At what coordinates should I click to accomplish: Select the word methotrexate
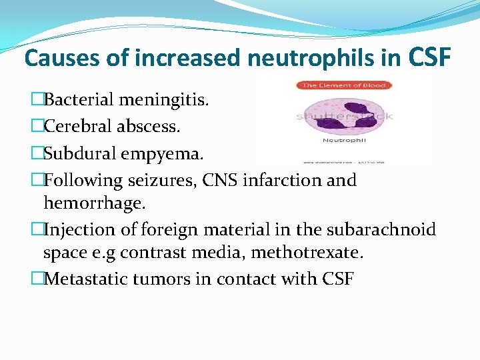pos(313,253)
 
